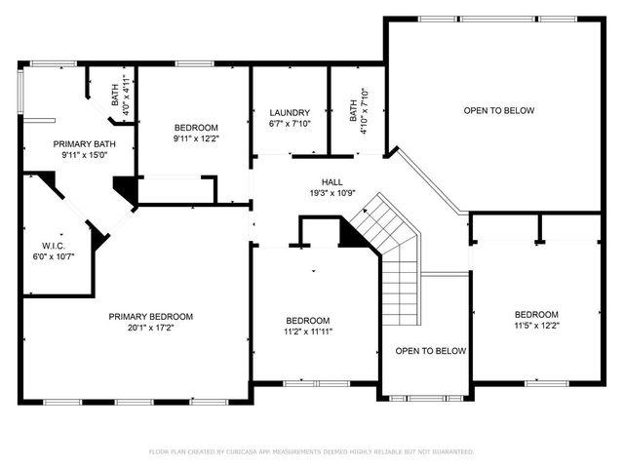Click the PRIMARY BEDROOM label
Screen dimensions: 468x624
pyautogui.click(x=150, y=317)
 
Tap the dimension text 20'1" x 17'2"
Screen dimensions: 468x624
pyautogui.click(x=150, y=329)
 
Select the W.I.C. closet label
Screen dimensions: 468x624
pyautogui.click(x=53, y=245)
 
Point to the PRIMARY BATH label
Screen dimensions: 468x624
pyautogui.click(x=83, y=143)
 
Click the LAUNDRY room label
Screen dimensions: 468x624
pyautogui.click(x=290, y=113)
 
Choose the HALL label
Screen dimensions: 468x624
pyautogui.click(x=332, y=182)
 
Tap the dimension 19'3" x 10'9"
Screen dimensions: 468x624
pyautogui.click(x=332, y=193)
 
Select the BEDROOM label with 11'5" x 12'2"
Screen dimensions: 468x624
pyautogui.click(x=536, y=314)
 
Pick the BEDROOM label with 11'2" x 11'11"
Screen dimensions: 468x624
pyautogui.click(x=307, y=321)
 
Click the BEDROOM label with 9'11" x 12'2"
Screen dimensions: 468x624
pyautogui.click(x=196, y=128)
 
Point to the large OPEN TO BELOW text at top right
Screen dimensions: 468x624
pyautogui.click(x=498, y=111)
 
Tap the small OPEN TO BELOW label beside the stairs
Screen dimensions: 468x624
pyautogui.click(x=430, y=351)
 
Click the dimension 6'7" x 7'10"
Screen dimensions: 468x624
pyautogui.click(x=290, y=124)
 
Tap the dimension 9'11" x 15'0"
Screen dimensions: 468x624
pyautogui.click(x=83, y=154)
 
